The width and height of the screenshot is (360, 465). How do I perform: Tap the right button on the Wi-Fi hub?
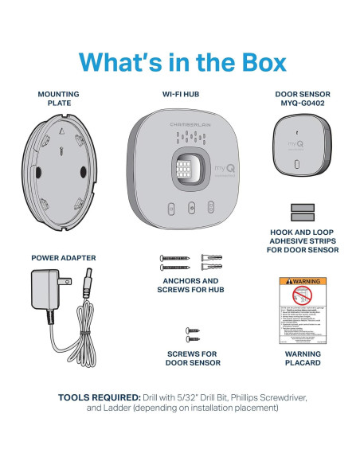coord(211,208)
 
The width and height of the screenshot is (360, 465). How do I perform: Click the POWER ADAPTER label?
coord(63,259)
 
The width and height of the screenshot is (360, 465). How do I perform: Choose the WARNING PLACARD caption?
coord(302,358)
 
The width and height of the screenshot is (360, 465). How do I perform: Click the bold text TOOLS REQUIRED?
coord(97,397)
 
